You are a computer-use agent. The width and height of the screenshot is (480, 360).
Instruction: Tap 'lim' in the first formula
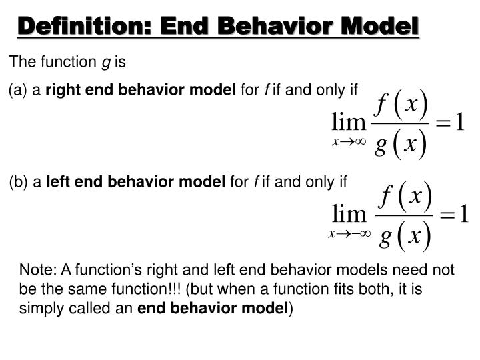click(x=349, y=123)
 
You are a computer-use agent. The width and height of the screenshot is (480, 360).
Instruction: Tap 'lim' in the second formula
click(x=349, y=215)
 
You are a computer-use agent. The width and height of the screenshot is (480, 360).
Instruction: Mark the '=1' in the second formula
click(x=453, y=215)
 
